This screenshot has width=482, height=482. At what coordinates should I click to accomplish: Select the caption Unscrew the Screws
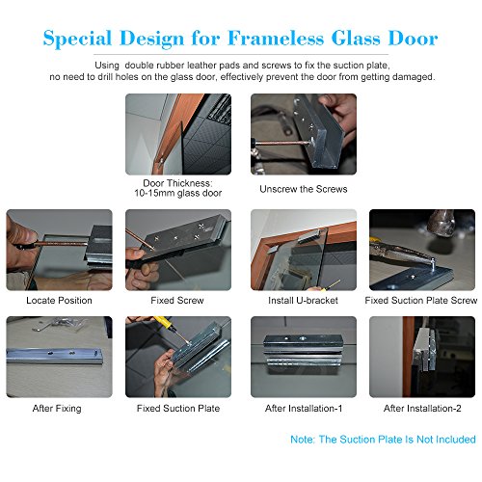click(304, 189)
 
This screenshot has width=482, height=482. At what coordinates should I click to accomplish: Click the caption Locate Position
click(59, 301)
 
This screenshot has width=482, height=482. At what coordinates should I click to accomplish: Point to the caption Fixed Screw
click(177, 301)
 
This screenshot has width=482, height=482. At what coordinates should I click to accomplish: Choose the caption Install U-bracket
click(303, 301)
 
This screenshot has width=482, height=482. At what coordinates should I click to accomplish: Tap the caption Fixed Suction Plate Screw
click(421, 301)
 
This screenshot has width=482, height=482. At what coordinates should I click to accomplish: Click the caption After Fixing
click(57, 409)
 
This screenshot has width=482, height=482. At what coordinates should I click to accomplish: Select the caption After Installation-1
click(304, 409)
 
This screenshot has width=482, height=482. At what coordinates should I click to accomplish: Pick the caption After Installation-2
click(422, 409)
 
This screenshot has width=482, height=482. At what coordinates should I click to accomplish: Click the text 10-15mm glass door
click(178, 193)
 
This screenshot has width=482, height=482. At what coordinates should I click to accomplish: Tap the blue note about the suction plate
click(383, 440)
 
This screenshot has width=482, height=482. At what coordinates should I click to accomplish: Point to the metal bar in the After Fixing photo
click(55, 356)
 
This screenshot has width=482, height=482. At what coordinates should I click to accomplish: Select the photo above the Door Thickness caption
click(178, 134)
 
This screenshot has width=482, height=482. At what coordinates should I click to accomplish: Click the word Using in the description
click(107, 66)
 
